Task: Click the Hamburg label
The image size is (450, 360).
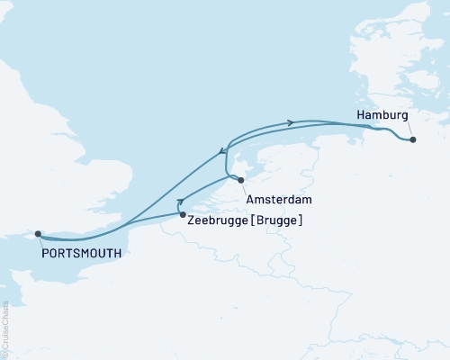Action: coord(382,116)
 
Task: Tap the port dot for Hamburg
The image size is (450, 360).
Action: coord(412,139)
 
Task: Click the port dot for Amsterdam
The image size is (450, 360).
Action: coord(240,180)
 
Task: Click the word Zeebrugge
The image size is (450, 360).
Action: coord(215,220)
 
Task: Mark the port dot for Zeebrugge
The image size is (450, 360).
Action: coord(183,215)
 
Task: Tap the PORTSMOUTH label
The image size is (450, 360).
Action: coord(80,253)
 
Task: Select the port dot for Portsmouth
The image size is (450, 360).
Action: coord(38,234)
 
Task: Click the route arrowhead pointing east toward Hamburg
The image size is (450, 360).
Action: coord(291,122)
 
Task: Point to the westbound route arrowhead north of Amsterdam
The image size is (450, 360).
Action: coord(222,151)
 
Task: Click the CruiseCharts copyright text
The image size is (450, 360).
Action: coord(5,328)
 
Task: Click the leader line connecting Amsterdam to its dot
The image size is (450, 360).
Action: coord(244,185)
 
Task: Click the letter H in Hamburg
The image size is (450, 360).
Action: coord(361,116)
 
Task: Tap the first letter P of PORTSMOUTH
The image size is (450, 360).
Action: coord(45,253)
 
